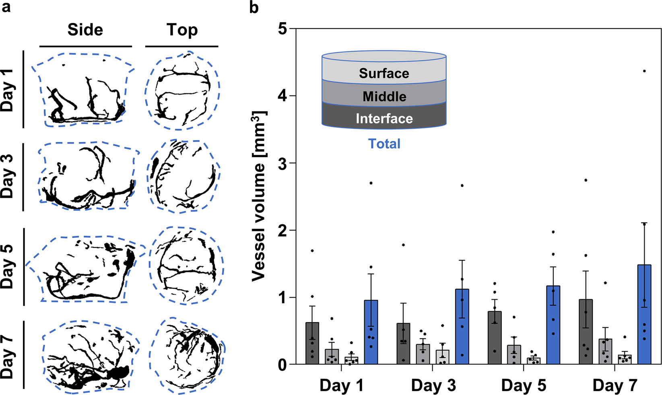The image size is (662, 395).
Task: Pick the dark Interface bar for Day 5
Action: (495, 338)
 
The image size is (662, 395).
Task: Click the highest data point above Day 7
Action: (644, 71)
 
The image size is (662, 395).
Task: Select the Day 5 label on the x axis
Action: (524, 385)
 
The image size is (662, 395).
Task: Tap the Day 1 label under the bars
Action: (341, 385)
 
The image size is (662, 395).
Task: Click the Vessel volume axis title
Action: (259, 196)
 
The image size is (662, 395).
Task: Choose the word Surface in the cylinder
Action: (384, 73)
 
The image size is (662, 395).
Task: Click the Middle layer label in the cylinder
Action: (384, 97)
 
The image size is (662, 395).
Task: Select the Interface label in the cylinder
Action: (384, 119)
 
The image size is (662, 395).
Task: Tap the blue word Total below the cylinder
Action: (384, 144)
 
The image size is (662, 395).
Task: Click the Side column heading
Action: (85, 30)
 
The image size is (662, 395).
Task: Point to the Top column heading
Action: (182, 30)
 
